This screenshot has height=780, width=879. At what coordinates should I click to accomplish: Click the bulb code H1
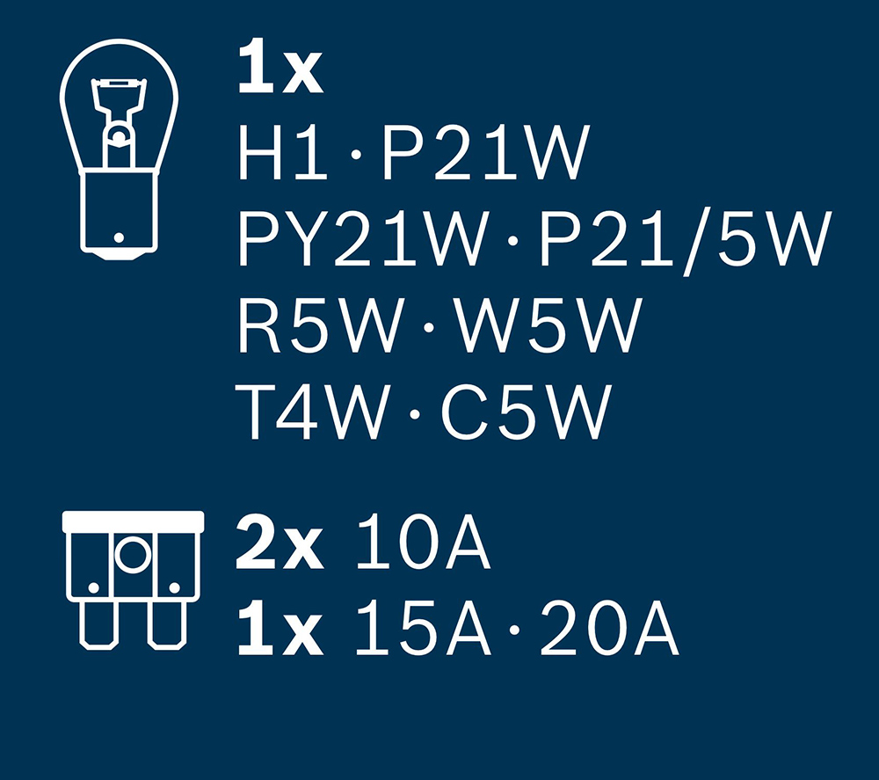(282, 152)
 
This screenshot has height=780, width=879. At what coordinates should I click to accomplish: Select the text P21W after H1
(485, 152)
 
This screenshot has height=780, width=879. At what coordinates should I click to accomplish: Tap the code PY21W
(361, 237)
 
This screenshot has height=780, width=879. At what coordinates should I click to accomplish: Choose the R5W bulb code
(321, 325)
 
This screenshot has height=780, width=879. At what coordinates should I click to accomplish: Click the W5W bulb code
(547, 325)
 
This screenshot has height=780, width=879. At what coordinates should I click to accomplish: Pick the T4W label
(312, 412)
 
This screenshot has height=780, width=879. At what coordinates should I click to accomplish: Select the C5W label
(526, 412)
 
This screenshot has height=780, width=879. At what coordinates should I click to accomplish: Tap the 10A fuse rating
(423, 542)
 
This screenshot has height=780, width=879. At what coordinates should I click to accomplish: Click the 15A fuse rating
(423, 627)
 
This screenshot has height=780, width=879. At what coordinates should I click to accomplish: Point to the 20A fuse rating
(609, 627)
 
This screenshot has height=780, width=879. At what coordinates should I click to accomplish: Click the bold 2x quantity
(280, 542)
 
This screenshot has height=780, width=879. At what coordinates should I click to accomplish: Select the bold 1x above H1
(280, 68)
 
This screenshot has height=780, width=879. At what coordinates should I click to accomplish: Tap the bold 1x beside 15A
(280, 628)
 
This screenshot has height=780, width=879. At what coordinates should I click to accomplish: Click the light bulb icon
(119, 149)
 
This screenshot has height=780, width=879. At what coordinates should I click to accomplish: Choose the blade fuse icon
(133, 580)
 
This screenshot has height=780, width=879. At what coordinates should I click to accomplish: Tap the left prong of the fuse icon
(98, 625)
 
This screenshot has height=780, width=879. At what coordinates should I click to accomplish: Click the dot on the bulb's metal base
(119, 237)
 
